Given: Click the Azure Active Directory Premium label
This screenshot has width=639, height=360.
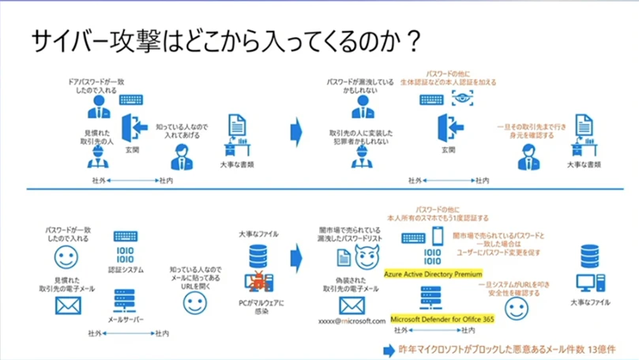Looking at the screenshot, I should pos(432,274).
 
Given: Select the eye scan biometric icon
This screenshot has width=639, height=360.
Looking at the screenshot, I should pos(460,99).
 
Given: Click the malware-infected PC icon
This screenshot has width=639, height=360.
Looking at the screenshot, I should pos(257,281).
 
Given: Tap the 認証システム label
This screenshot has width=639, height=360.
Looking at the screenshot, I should pos(126,270).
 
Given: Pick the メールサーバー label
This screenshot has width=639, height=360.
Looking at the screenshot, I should pos(125,320).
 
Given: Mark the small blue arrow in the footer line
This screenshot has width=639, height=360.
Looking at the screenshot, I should pos(387,349).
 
